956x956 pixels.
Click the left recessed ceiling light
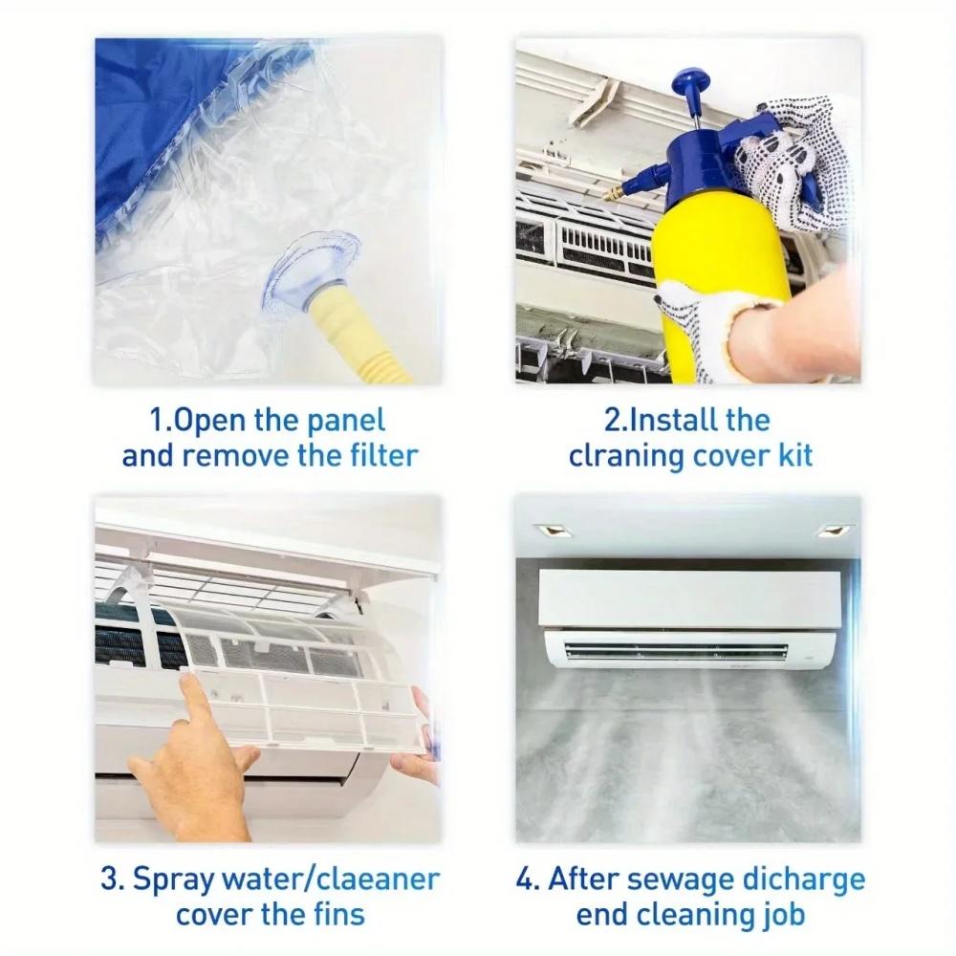click(x=552, y=530)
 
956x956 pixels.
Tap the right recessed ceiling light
click(x=832, y=530)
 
